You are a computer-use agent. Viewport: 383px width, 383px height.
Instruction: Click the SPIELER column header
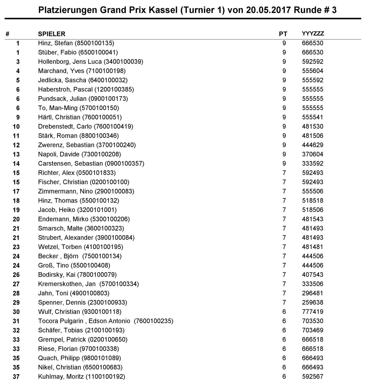point(52,34)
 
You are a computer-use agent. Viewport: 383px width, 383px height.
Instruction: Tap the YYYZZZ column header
point(313,34)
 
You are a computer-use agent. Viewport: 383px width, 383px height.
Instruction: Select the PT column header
point(283,34)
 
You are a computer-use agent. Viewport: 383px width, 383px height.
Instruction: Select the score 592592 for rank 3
point(313,62)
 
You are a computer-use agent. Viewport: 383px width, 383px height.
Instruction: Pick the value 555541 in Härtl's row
point(313,117)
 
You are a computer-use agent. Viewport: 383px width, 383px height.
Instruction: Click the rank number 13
point(16,154)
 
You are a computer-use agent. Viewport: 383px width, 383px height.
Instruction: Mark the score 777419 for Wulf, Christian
point(313,312)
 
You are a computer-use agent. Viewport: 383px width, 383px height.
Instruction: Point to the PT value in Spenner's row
point(284,303)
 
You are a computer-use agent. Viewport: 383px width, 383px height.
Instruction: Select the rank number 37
point(16,377)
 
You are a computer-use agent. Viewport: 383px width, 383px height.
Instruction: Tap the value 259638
point(313,303)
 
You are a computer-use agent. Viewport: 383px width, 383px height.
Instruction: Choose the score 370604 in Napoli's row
point(313,154)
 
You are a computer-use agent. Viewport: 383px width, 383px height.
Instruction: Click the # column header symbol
point(8,34)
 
